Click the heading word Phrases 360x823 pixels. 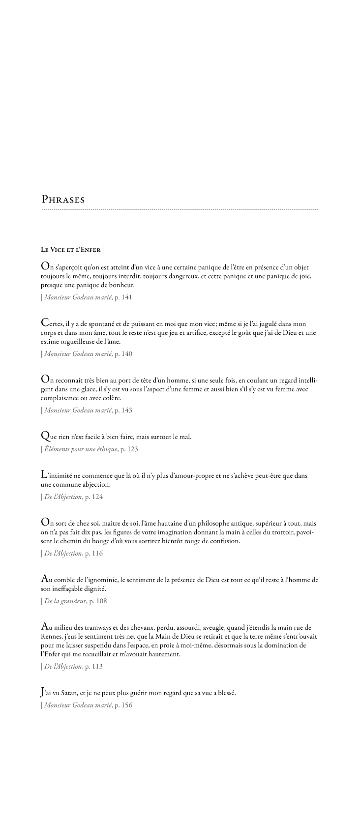tap(63, 200)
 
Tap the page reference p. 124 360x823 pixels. tap(93, 497)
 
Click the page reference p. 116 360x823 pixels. tap(93, 554)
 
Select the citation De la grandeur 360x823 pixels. tap(65, 601)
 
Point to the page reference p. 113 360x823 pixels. tap(93, 667)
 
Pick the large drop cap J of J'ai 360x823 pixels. tap(43, 693)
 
